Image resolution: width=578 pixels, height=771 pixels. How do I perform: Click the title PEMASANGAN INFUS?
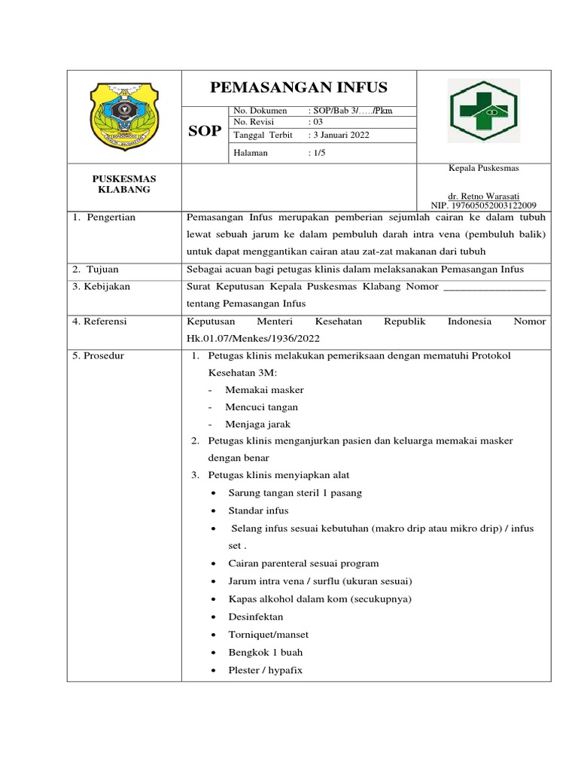click(x=299, y=87)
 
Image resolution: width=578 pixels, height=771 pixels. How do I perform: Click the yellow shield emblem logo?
click(x=124, y=116)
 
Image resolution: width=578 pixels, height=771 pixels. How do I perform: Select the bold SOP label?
click(x=204, y=131)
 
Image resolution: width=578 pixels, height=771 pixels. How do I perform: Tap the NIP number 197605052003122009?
click(x=483, y=205)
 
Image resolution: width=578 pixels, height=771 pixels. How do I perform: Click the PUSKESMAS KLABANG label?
click(x=124, y=184)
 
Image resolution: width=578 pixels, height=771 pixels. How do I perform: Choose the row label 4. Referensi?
click(x=100, y=322)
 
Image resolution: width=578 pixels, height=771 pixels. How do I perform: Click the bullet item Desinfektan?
click(x=256, y=617)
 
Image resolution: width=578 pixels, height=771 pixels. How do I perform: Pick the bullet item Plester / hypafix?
click(x=265, y=670)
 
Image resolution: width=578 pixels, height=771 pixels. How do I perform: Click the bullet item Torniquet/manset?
click(x=268, y=635)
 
